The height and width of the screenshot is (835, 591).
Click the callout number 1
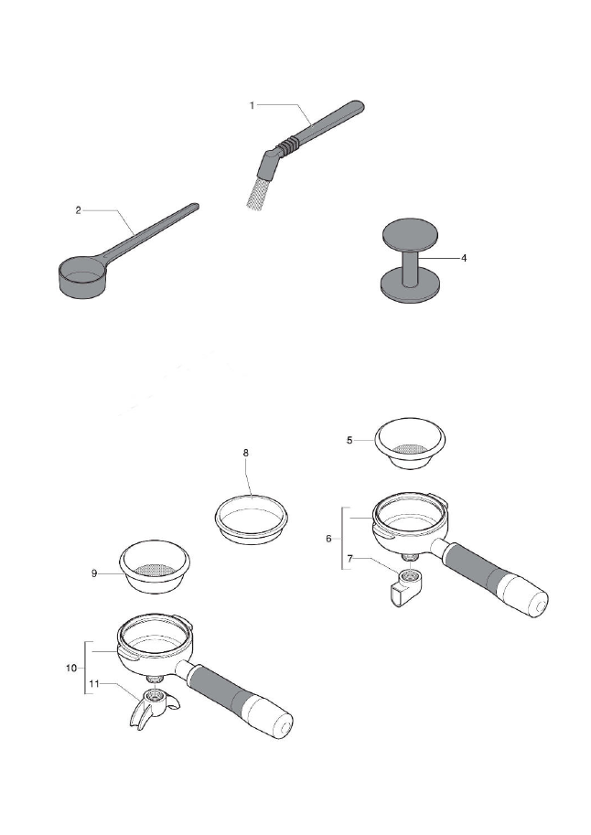252,105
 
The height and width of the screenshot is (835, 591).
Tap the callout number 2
79,210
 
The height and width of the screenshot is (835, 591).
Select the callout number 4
464,258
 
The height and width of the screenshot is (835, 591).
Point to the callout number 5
349,440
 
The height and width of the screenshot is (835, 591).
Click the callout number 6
328,539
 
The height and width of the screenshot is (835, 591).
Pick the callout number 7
349,558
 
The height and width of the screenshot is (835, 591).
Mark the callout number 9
93,573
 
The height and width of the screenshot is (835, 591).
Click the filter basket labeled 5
414,444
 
